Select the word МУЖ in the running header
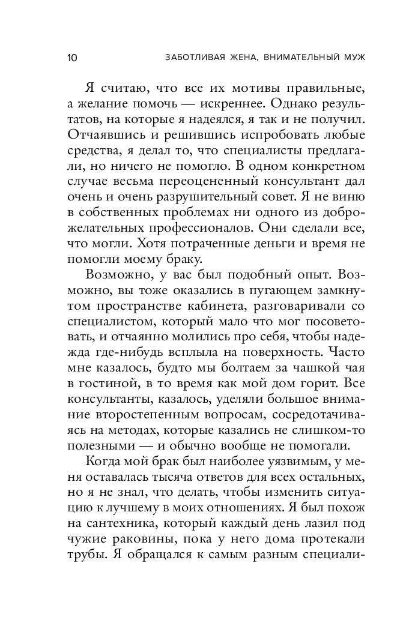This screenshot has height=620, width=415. coord(353,58)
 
